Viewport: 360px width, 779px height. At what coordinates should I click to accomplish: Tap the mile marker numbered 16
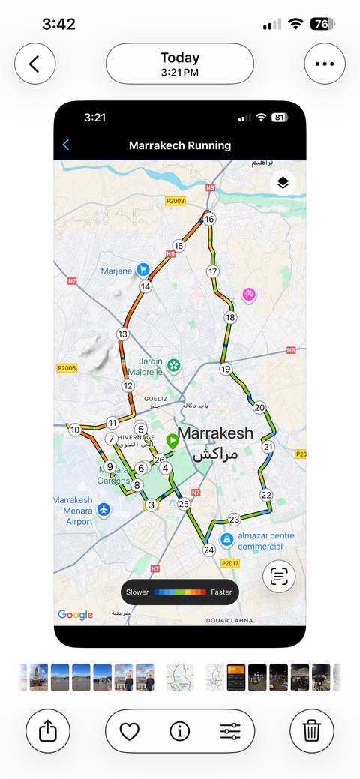209,219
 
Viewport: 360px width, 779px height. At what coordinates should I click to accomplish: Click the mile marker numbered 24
208,550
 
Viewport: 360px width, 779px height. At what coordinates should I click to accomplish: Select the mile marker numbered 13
123,334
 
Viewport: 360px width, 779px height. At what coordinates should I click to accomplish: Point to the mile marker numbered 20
259,408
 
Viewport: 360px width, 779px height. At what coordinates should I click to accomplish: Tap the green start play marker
173,441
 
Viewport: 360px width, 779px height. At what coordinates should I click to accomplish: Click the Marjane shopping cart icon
142,271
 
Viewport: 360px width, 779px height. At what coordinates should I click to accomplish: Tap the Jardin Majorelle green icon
174,366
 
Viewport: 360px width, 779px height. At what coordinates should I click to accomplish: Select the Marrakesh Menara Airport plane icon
103,510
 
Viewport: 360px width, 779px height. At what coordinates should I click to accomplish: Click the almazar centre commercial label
256,541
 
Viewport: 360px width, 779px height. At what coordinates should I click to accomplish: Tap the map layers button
283,183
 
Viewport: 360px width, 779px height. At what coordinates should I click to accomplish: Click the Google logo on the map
76,615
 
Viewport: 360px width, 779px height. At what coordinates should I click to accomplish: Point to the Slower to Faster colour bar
180,592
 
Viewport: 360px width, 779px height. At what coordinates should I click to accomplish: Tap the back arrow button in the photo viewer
34,64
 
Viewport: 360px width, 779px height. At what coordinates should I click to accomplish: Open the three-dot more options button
325,64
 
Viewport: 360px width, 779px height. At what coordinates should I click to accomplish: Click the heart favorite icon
130,731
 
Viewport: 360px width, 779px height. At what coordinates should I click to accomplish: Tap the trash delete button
312,731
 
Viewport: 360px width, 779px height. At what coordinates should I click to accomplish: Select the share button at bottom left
47,731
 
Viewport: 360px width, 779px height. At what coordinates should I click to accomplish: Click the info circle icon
179,731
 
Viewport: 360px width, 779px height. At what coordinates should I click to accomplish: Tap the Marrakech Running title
180,145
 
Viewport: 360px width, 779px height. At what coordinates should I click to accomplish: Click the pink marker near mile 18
249,295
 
